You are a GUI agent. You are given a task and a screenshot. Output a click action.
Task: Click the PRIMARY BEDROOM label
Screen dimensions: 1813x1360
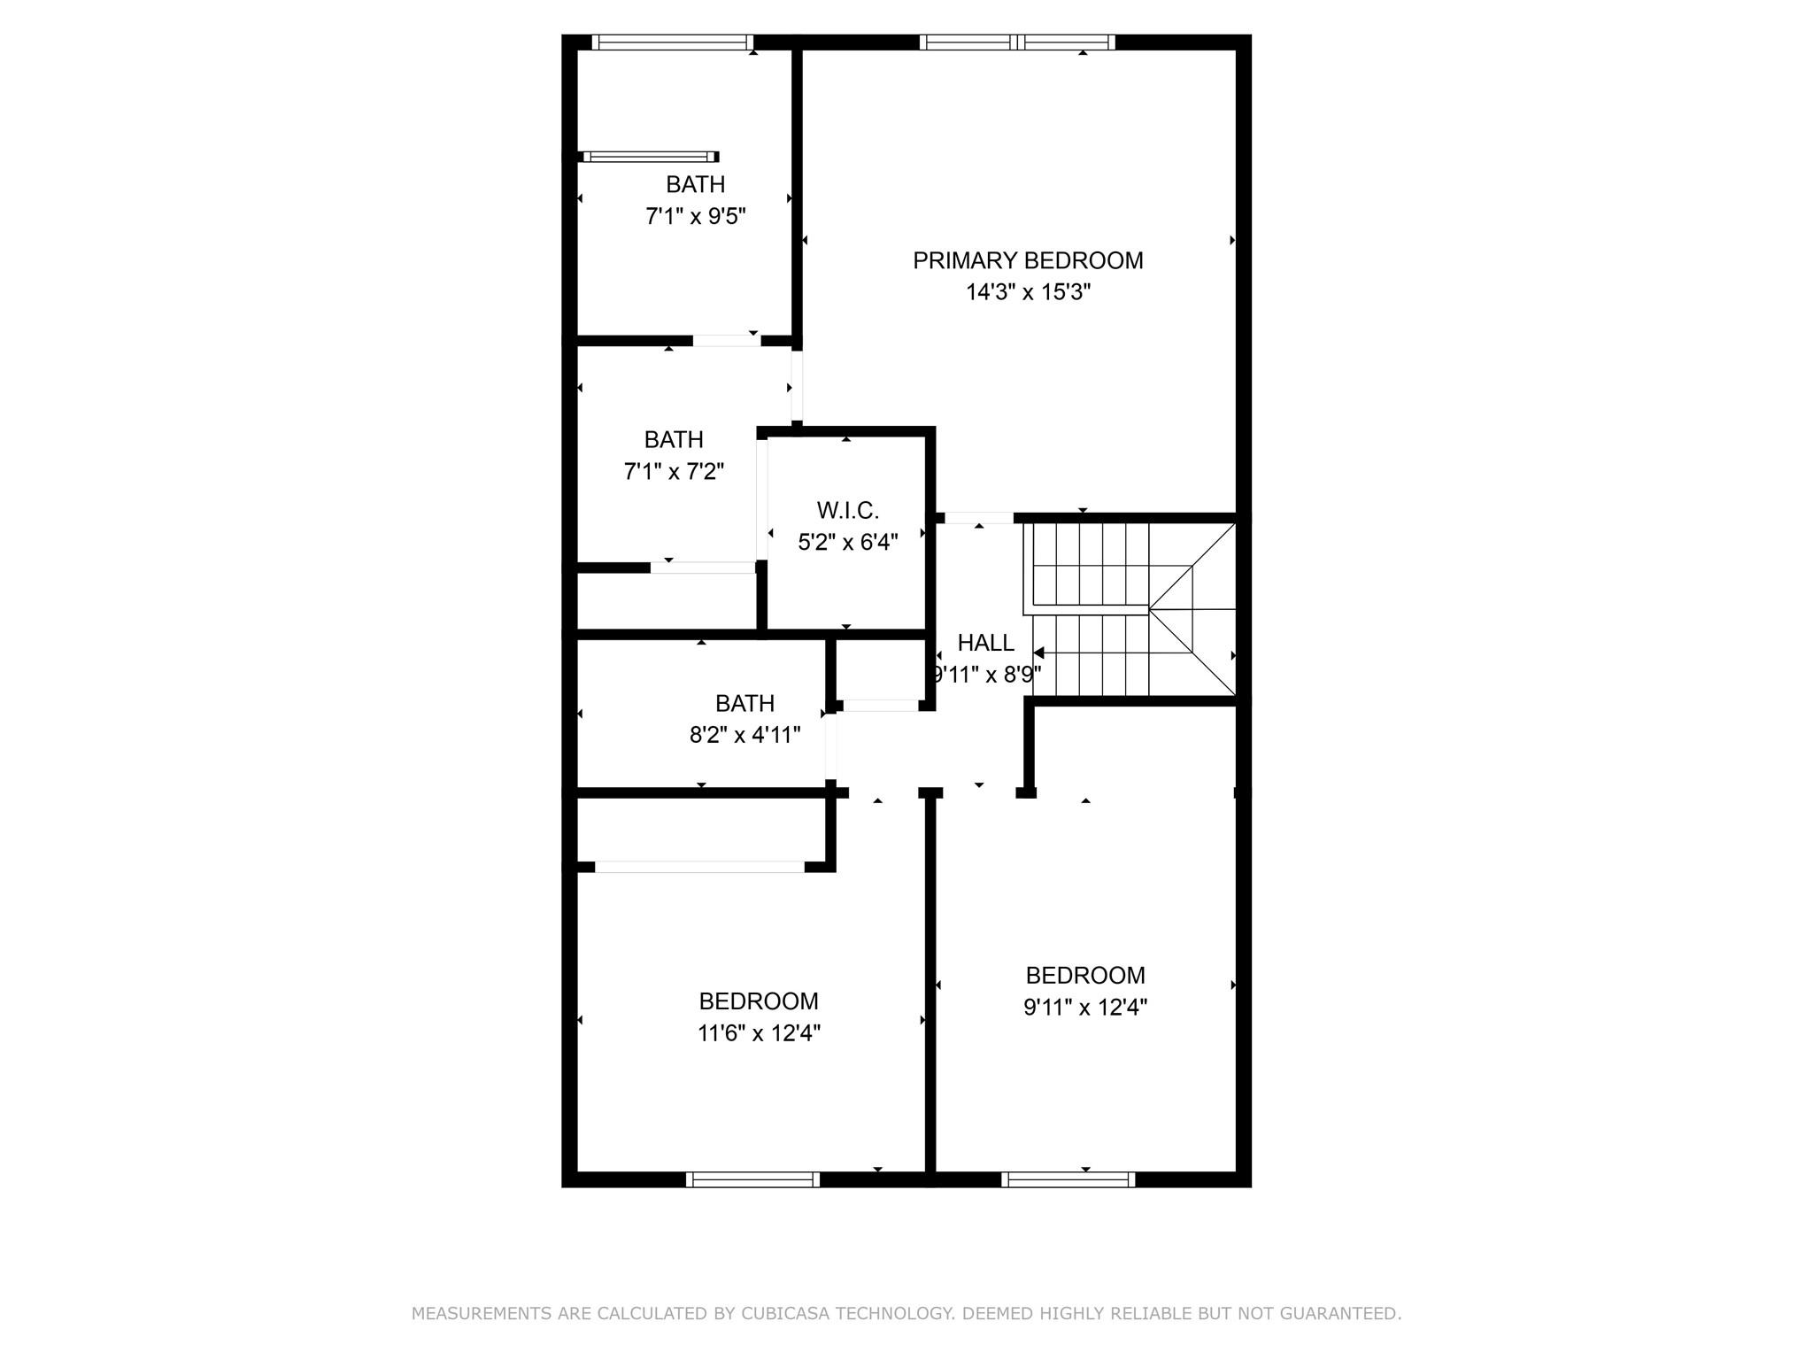pyautogui.click(x=1028, y=260)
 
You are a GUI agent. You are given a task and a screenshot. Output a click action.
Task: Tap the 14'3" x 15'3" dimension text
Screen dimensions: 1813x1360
pyautogui.click(x=1028, y=292)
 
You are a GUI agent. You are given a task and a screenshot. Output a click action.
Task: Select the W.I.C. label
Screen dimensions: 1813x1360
pyautogui.click(x=848, y=511)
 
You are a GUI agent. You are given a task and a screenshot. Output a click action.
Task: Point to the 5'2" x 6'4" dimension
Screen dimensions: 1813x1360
pyautogui.click(x=848, y=543)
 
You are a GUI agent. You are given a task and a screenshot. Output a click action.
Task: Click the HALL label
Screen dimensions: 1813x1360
pyautogui.click(x=985, y=643)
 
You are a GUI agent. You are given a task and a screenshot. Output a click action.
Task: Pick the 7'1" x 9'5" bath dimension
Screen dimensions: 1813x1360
pyautogui.click(x=696, y=216)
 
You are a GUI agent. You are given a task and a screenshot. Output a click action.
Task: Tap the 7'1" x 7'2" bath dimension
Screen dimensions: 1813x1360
pyautogui.click(x=674, y=471)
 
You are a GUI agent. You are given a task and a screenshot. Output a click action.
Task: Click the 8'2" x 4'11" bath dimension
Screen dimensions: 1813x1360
pyautogui.click(x=745, y=735)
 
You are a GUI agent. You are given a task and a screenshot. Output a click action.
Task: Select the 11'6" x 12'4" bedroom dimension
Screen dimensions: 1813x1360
pyautogui.click(x=759, y=1033)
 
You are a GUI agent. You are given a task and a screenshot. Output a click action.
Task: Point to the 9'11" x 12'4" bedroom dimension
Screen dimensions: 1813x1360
pyautogui.click(x=1085, y=1008)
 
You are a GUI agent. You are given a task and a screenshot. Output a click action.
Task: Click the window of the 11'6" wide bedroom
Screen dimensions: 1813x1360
pyautogui.click(x=752, y=1179)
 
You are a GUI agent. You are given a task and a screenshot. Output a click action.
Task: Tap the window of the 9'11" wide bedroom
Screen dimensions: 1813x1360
pyautogui.click(x=1068, y=1179)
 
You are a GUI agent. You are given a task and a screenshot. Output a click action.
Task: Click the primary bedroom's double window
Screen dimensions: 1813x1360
pyautogui.click(x=1017, y=42)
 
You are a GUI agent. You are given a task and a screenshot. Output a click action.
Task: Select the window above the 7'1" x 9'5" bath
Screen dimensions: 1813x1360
pyautogui.click(x=673, y=42)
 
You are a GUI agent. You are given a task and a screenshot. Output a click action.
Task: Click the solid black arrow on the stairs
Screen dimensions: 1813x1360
pyautogui.click(x=1038, y=653)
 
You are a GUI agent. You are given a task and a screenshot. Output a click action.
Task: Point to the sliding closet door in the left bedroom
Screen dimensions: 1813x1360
pyautogui.click(x=699, y=867)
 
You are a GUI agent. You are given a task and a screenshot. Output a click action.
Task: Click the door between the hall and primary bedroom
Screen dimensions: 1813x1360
pyautogui.click(x=979, y=518)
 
